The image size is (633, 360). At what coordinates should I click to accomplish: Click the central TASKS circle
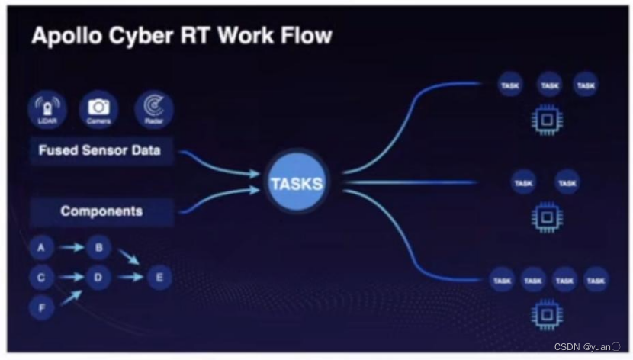(x=297, y=183)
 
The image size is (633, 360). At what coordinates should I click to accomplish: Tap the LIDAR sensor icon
(x=46, y=110)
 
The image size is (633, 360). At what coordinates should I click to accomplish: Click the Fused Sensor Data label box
(x=100, y=150)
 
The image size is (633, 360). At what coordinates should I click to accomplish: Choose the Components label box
(x=101, y=211)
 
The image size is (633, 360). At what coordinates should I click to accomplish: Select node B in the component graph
(x=98, y=248)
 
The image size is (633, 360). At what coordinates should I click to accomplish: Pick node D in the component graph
(x=98, y=278)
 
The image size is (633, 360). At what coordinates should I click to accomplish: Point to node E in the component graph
(x=159, y=278)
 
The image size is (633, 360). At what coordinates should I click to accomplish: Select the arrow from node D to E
(x=129, y=278)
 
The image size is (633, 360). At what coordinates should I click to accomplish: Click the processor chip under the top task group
(x=546, y=120)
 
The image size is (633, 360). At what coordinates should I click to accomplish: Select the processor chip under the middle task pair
(x=546, y=217)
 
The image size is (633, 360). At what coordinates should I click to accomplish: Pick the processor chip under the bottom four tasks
(x=546, y=314)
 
